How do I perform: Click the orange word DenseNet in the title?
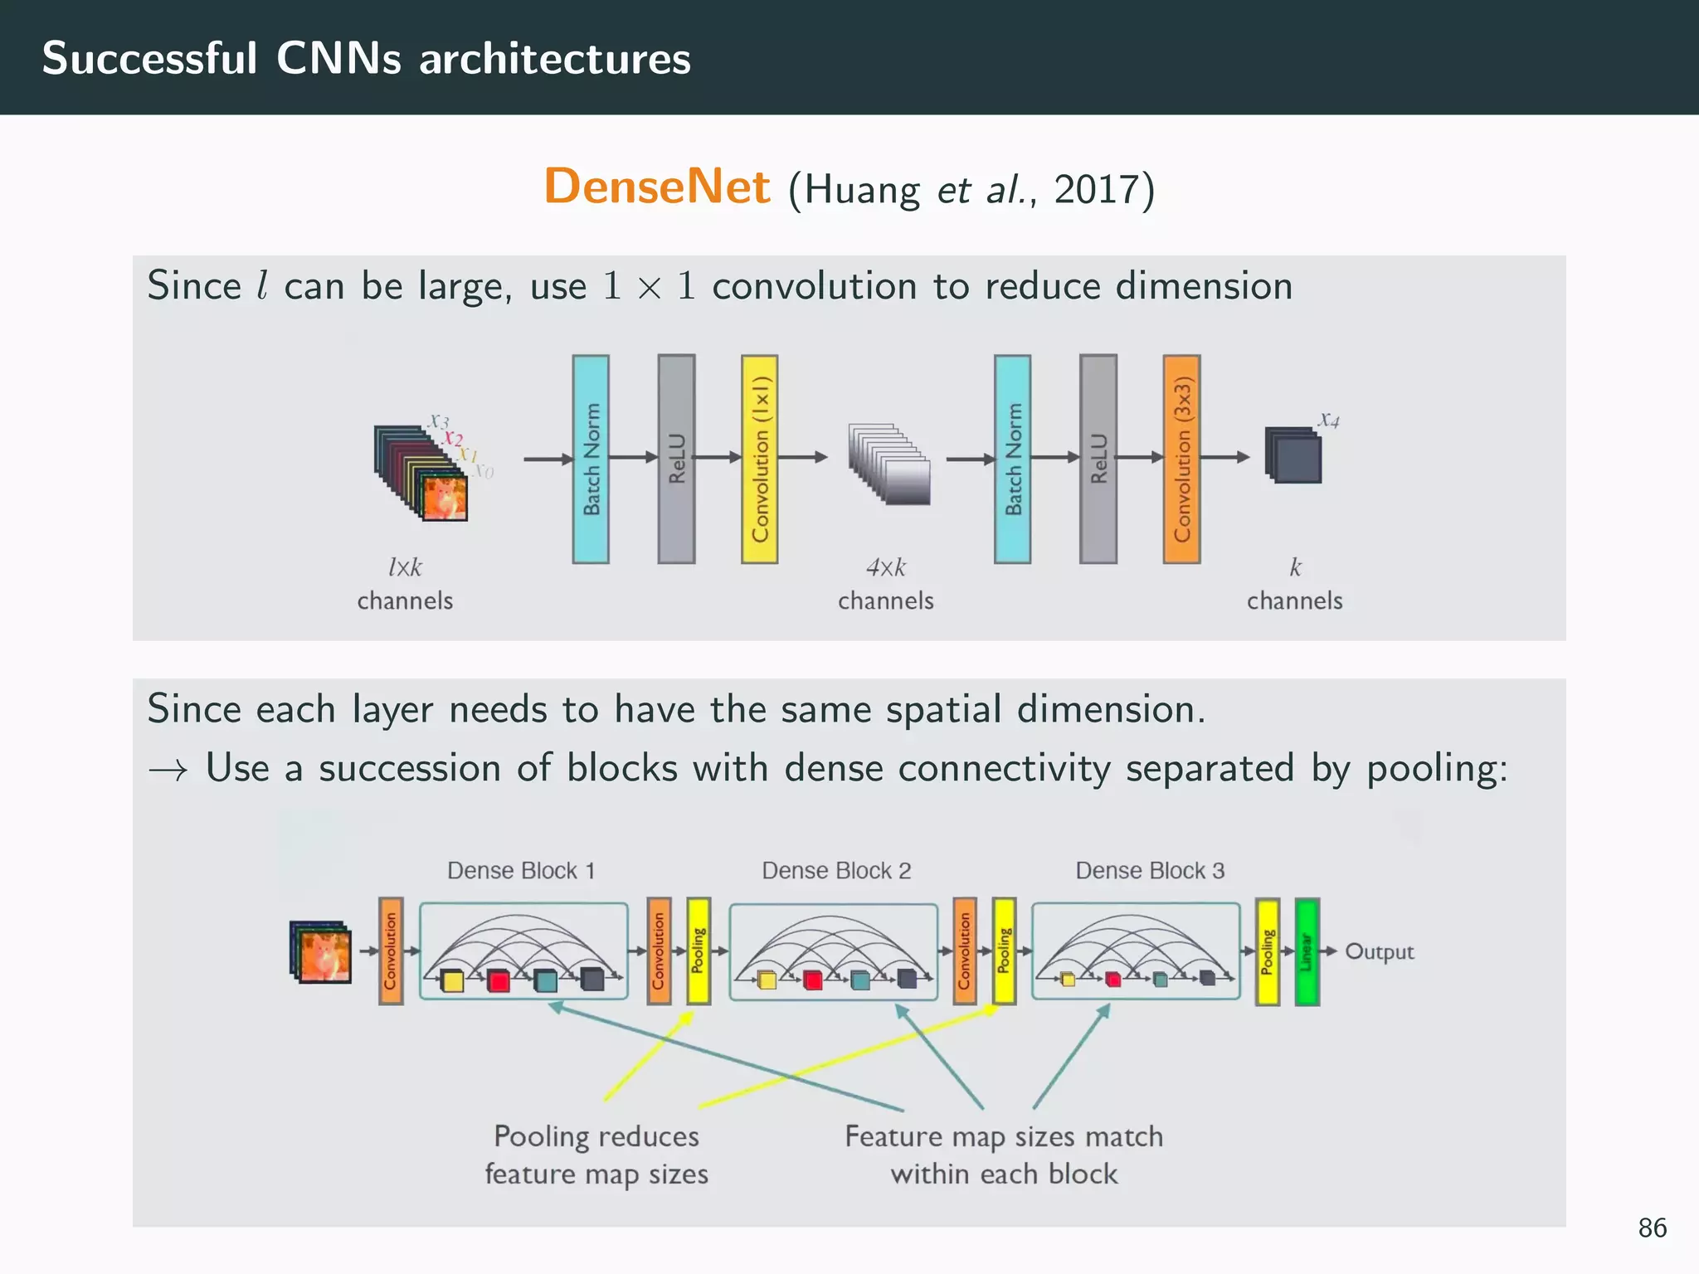[x=656, y=186]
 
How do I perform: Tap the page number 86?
[x=1652, y=1228]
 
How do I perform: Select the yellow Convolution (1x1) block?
[x=759, y=460]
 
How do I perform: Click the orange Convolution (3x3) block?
[x=1181, y=460]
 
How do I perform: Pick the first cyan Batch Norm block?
[x=591, y=460]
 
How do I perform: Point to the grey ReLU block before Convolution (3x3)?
[x=1098, y=460]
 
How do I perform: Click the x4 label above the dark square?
[x=1329, y=420]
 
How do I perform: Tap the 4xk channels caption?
[x=885, y=584]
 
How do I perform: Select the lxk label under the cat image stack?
[x=405, y=567]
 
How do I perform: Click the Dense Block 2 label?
[x=836, y=871]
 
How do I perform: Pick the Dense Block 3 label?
[x=1150, y=871]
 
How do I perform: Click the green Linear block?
[x=1307, y=951]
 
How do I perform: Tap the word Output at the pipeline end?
[x=1379, y=951]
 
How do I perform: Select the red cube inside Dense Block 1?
[x=499, y=981]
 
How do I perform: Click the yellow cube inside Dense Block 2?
[x=767, y=980]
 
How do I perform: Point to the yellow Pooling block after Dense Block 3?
[x=1267, y=951]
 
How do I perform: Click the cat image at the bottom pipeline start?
[x=322, y=952]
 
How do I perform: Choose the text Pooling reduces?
[x=596, y=1136]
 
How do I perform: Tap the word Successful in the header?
[x=149, y=58]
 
